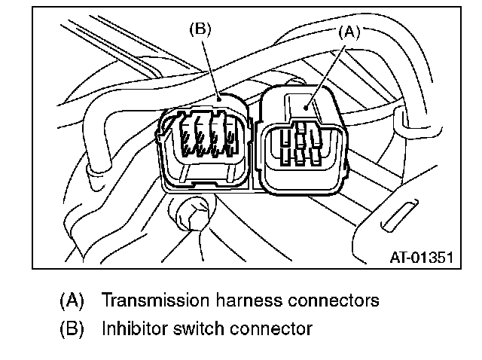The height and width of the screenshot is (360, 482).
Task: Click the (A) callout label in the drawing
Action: point(349,32)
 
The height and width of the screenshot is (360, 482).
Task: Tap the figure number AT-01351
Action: point(419,257)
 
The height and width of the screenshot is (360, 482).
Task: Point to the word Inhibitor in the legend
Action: point(130,328)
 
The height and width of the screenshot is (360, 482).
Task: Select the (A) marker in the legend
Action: point(72,301)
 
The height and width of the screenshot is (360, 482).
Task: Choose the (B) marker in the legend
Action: point(72,328)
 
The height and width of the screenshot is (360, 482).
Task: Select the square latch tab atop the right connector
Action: point(299,102)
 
